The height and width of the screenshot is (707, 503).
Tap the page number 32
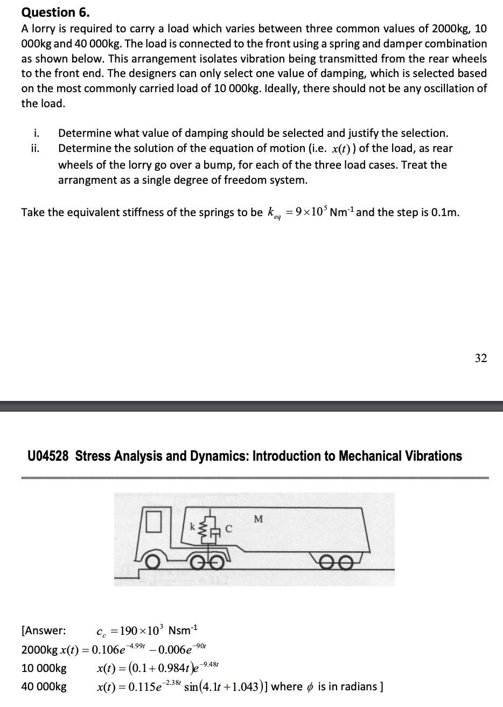pyautogui.click(x=481, y=358)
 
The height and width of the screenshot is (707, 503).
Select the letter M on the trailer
pyautogui.click(x=258, y=519)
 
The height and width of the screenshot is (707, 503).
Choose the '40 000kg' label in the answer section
pyautogui.click(x=44, y=687)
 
